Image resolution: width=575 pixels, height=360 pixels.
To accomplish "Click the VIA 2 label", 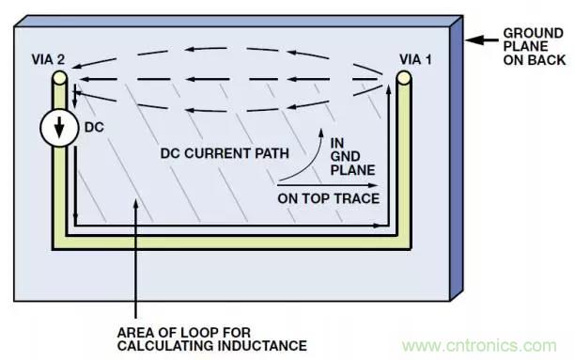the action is [48, 59].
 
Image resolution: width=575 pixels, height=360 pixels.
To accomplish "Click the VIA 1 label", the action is [415, 59].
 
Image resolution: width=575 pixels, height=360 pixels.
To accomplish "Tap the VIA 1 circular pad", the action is [403, 78].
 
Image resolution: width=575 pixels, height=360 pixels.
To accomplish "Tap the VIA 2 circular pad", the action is [59, 78].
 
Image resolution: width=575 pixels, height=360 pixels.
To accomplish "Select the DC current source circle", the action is [59, 128].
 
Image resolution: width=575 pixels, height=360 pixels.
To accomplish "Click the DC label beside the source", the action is [94, 127].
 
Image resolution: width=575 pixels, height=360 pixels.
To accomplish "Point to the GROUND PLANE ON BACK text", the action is [534, 47].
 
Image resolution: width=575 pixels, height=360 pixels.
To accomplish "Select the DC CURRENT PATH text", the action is [225, 153].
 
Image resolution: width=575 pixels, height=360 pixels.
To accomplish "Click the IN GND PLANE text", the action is [352, 157].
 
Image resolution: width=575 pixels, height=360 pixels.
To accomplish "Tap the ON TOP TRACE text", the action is [328, 198].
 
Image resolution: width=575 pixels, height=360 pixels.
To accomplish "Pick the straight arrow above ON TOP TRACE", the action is [328, 186].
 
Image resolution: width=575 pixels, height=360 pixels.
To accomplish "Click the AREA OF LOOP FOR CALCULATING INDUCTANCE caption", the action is [212, 339].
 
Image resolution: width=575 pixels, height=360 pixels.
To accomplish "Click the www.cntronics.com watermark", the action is [479, 346].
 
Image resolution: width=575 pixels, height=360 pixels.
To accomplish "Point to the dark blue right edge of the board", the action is [457, 158].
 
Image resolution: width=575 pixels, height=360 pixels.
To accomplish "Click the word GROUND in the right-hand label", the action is [534, 34].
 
